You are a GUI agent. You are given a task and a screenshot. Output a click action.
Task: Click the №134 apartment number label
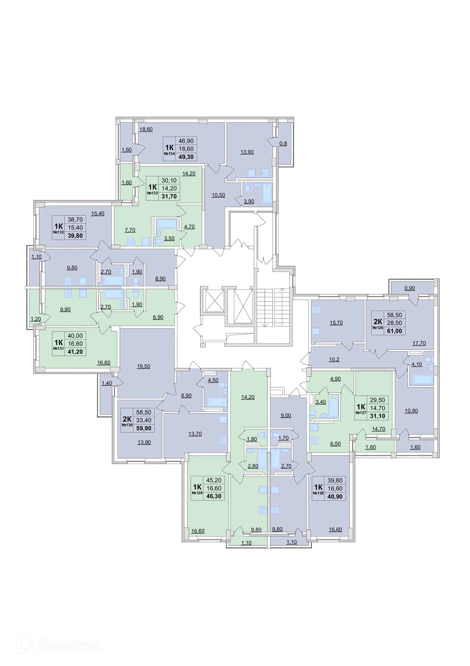[169, 153]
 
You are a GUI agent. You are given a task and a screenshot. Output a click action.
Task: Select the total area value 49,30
[186, 157]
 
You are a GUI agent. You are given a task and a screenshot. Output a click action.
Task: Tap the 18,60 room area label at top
[146, 129]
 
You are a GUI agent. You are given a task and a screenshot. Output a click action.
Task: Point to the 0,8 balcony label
[283, 144]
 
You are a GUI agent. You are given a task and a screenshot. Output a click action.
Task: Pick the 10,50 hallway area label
[218, 195]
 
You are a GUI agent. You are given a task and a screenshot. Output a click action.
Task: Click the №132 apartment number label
[59, 232]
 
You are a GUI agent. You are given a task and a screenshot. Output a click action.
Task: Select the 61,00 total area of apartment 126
[394, 331]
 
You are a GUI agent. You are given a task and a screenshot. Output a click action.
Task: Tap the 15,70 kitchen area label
[336, 323]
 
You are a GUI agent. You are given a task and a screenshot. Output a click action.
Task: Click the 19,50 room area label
[144, 366]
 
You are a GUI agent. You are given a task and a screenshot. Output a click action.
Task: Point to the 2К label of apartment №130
[127, 419]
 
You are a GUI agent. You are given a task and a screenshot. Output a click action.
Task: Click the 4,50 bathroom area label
[213, 380]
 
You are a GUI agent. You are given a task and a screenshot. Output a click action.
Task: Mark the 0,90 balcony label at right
[410, 288]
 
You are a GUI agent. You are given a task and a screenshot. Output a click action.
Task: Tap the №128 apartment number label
[318, 493]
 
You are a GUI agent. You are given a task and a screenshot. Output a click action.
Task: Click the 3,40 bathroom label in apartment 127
[321, 402]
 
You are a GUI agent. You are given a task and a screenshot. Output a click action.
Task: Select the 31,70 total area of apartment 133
[169, 196]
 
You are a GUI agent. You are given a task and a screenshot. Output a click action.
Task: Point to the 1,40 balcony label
[107, 383]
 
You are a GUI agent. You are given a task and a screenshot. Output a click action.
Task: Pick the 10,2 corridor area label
[334, 360]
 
